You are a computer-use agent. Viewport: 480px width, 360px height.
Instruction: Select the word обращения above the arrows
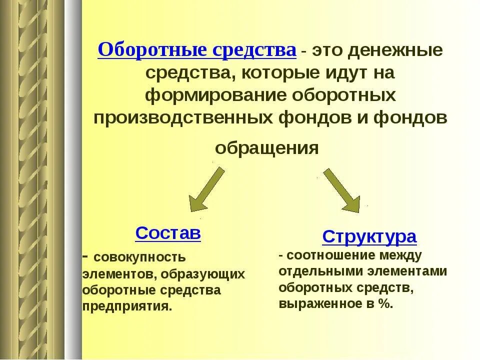(267, 148)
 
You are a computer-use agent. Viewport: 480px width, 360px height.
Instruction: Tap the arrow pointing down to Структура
(342, 190)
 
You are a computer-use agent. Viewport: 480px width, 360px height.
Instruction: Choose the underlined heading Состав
(168, 233)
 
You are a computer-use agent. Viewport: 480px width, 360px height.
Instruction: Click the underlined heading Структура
(369, 236)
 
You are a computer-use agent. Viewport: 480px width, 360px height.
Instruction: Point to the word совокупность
(139, 258)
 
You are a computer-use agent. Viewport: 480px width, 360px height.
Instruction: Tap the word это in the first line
(327, 51)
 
